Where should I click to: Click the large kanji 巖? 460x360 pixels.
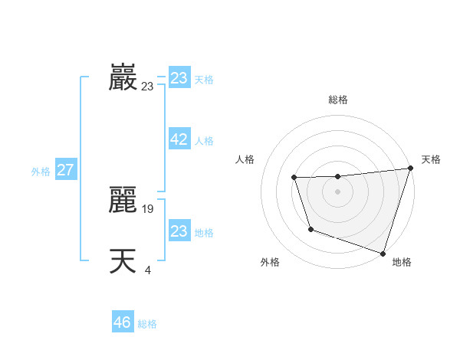[123, 77]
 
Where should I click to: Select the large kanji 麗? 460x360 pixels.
[123, 200]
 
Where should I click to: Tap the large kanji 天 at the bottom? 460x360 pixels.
[123, 261]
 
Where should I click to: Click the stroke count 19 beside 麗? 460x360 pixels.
[149, 208]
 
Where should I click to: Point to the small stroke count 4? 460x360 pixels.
[148, 269]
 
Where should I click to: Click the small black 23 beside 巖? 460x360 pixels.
[147, 87]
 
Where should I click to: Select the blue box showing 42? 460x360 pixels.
[179, 139]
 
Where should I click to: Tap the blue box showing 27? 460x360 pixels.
[65, 170]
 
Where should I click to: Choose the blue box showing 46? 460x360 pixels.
[122, 322]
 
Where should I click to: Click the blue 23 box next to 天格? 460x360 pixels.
[179, 78]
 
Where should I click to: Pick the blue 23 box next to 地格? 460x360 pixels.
[179, 231]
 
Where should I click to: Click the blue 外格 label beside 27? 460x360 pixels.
[41, 172]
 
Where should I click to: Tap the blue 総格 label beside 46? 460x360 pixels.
[147, 324]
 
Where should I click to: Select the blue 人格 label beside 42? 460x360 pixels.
[204, 141]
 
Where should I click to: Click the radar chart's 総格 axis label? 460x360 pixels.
[337, 100]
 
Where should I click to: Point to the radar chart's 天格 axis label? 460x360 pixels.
[431, 159]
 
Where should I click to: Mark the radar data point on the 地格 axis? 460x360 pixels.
[383, 253]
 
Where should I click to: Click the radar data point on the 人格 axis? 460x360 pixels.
[294, 178]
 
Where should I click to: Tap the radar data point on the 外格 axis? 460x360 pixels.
[310, 229]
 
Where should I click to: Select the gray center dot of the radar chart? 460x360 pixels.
[337, 191]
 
